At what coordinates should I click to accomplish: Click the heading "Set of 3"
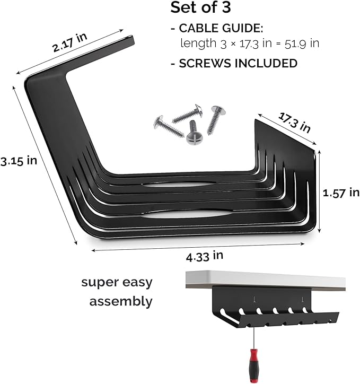(200, 8)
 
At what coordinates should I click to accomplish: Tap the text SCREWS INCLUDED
(238, 63)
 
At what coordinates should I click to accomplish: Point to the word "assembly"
(121, 302)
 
